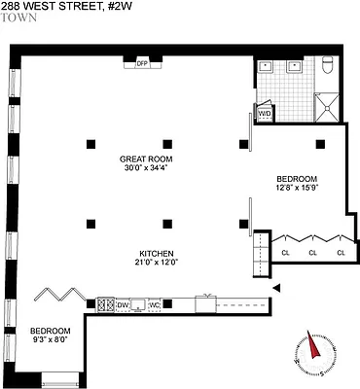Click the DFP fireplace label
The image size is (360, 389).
click(141, 63)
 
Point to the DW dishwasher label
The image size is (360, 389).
click(124, 306)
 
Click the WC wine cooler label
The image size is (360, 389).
click(155, 306)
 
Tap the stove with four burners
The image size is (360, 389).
click(104, 306)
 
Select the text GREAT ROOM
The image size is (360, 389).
click(147, 159)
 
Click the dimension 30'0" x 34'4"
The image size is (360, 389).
click(147, 170)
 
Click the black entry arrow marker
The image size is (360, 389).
click(277, 288)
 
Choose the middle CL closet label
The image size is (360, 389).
click(313, 254)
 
